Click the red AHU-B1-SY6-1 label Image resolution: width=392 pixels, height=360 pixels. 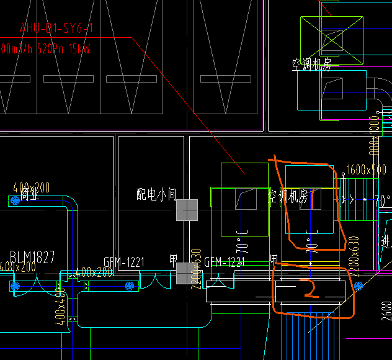[56, 28]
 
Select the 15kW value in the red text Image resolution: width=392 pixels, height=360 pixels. [79, 48]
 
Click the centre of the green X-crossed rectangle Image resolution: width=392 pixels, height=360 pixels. [332, 35]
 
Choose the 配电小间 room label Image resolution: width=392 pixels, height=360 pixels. [157, 194]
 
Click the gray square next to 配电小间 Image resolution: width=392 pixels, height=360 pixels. [187, 210]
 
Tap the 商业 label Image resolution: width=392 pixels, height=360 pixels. [29, 196]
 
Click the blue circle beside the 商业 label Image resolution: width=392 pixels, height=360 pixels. [14, 200]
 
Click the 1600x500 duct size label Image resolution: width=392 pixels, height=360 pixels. [367, 169]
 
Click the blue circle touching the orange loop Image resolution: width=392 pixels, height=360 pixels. [358, 285]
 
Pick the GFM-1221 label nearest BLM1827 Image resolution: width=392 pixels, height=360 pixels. [123, 262]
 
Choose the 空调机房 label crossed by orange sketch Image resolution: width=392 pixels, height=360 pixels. [288, 197]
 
